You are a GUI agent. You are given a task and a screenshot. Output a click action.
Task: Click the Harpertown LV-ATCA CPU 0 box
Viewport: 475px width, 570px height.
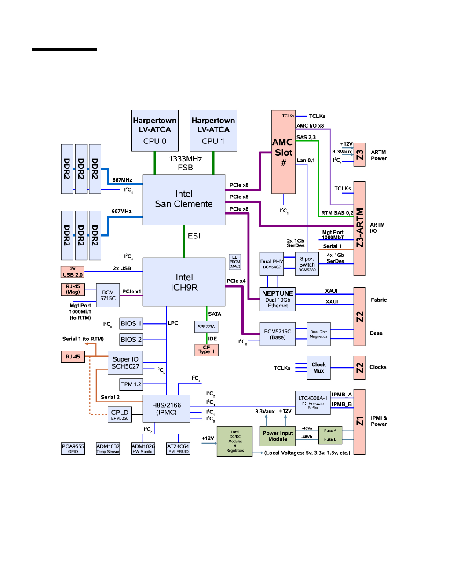155,131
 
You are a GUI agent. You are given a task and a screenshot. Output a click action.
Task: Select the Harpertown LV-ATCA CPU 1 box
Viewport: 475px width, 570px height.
213,131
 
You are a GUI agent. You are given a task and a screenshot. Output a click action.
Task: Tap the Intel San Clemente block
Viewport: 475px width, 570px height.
184,199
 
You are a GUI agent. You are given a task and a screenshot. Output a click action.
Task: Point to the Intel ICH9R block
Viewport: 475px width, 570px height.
184,282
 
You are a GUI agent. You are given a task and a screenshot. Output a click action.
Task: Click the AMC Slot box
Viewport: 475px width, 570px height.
283,152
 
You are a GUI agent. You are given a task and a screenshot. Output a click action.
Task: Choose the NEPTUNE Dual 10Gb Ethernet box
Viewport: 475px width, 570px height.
278,299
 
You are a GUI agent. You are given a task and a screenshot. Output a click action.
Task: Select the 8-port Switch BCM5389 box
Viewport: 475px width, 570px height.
307,264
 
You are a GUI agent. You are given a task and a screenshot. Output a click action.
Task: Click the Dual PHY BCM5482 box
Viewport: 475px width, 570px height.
272,264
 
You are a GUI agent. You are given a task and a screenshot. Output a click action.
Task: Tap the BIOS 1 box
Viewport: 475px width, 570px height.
131,324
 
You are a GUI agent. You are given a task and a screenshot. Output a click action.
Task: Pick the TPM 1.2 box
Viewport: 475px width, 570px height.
131,384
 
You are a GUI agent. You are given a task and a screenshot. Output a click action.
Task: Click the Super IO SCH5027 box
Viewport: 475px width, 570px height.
125,363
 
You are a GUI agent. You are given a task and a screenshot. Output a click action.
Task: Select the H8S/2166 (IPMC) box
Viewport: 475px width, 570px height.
166,409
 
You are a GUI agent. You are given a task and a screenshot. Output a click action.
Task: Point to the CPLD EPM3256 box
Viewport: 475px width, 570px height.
120,414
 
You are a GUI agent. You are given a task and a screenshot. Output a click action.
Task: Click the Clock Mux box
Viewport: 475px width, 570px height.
318,368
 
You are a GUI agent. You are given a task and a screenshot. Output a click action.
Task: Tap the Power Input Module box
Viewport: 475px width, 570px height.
278,436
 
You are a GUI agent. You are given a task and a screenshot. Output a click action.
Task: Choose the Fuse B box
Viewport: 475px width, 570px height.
330,439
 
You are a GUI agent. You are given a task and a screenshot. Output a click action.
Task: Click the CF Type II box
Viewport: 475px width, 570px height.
206,350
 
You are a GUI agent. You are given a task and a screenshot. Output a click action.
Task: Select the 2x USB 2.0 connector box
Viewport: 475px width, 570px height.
73,272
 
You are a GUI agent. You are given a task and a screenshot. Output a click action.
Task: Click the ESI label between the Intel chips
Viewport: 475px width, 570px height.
194,236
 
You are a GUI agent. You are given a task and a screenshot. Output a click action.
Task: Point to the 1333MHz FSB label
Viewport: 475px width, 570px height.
185,163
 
